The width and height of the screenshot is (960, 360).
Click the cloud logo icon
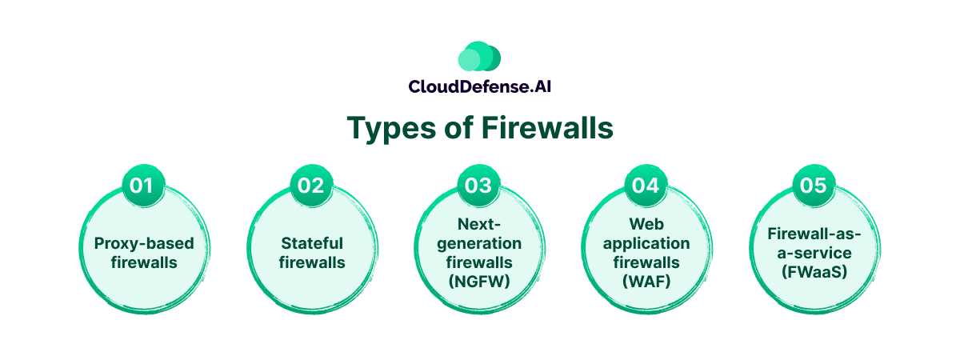point(479,56)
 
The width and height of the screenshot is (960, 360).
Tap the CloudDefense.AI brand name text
point(479,86)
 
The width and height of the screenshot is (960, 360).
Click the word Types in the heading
point(391,128)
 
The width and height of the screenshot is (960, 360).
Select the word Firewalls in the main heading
point(547,127)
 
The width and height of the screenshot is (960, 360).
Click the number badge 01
point(142,186)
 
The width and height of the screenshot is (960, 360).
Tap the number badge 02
point(310,186)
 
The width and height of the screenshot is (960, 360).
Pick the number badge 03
point(478,186)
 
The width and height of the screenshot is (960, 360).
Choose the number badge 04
point(646,186)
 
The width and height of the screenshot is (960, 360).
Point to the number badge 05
point(813,186)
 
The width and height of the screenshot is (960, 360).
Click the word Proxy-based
point(144,244)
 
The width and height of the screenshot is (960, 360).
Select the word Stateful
point(312,243)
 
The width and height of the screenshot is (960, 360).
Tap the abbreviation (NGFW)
point(479,282)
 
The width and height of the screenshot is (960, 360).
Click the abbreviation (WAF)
point(646,282)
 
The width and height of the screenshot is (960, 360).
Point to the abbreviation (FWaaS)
point(814,272)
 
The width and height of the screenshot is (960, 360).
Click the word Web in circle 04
point(646,224)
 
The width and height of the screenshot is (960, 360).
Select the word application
point(646,244)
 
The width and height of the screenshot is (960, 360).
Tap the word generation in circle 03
point(479,244)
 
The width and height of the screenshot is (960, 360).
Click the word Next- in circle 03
point(479,224)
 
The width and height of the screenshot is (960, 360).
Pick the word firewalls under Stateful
point(312,262)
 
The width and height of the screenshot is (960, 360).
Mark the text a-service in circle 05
point(814,253)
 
